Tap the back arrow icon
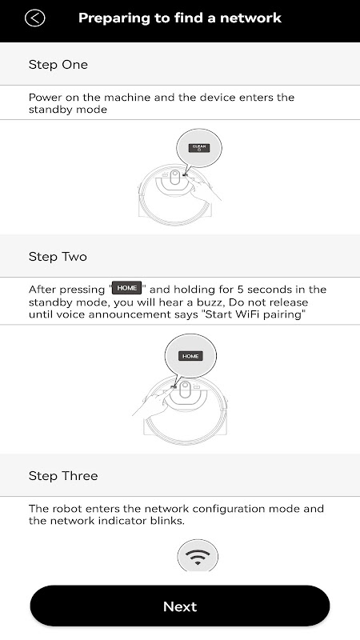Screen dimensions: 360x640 [34, 18]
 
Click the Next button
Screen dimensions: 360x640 [179, 606]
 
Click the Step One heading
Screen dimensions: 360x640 [58, 65]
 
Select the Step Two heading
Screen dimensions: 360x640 [58, 257]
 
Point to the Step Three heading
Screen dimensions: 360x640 [63, 476]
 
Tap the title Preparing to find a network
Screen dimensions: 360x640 [180, 18]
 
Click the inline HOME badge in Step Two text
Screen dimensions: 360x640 [127, 288]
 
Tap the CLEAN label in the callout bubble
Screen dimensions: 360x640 [199, 148]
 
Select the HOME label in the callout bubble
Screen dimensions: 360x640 [190, 356]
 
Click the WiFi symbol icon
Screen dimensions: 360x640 [198, 556]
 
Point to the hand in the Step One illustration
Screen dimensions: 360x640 [205, 189]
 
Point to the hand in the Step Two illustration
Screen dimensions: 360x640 [152, 402]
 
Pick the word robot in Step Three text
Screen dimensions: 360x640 [69, 509]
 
